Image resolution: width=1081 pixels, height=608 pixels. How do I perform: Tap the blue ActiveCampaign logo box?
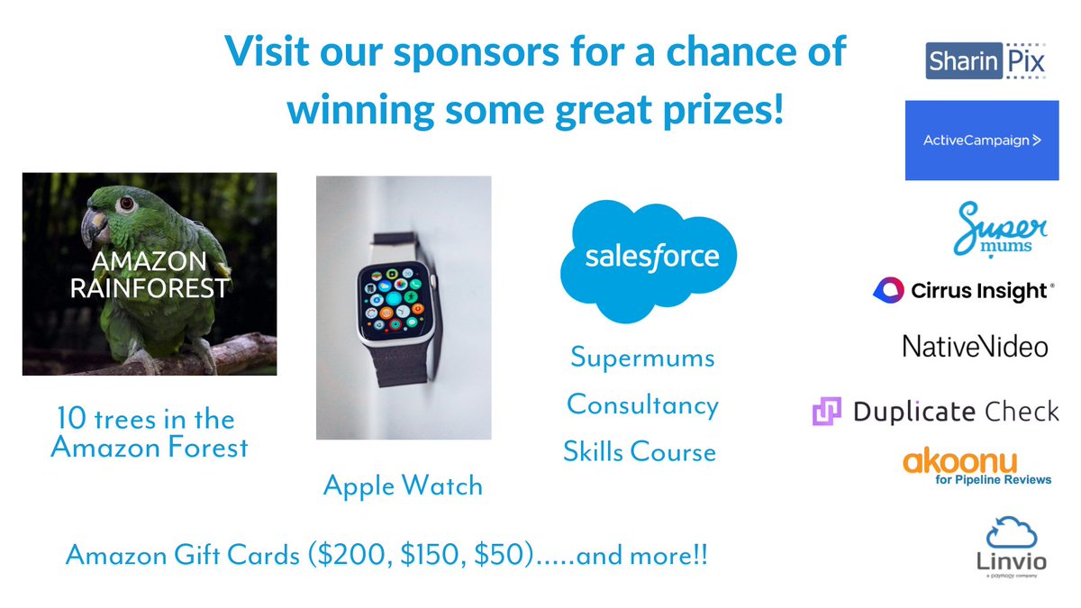click(x=981, y=140)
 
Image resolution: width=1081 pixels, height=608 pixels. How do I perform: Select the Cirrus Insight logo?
click(x=962, y=290)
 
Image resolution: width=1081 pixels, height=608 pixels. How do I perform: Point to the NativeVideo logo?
click(x=975, y=346)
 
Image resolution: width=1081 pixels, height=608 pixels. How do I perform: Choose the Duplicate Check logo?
click(x=935, y=413)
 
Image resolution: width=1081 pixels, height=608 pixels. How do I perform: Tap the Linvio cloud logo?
click(x=1012, y=534)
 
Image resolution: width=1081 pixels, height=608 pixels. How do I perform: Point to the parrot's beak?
click(x=94, y=226)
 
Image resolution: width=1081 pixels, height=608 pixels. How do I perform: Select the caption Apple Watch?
click(x=403, y=486)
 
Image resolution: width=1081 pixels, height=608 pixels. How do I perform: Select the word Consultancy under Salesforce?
click(x=642, y=405)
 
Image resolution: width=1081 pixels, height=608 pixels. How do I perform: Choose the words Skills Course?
click(x=640, y=451)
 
